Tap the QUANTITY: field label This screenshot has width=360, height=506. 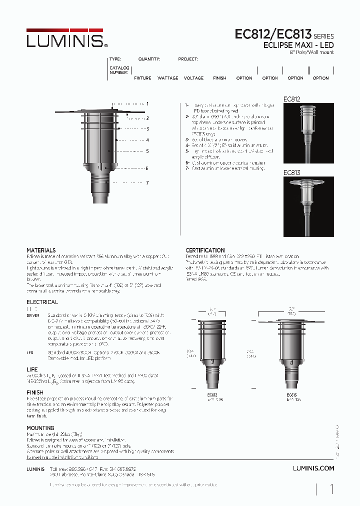149,59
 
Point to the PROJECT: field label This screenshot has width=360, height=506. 188,59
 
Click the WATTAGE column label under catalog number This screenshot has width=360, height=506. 167,78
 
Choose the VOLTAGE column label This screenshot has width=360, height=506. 193,78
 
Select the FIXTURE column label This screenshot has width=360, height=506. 142,78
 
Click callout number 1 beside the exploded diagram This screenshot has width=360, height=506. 147,103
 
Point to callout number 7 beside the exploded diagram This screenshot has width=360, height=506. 147,183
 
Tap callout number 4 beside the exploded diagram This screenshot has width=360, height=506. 147,140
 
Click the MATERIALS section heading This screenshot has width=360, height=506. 41,250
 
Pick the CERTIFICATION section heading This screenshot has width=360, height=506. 205,250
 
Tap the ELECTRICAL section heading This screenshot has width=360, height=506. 42,302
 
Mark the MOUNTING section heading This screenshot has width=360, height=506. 40,428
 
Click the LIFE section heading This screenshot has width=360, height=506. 32,369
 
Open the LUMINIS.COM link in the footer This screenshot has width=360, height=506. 313,468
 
